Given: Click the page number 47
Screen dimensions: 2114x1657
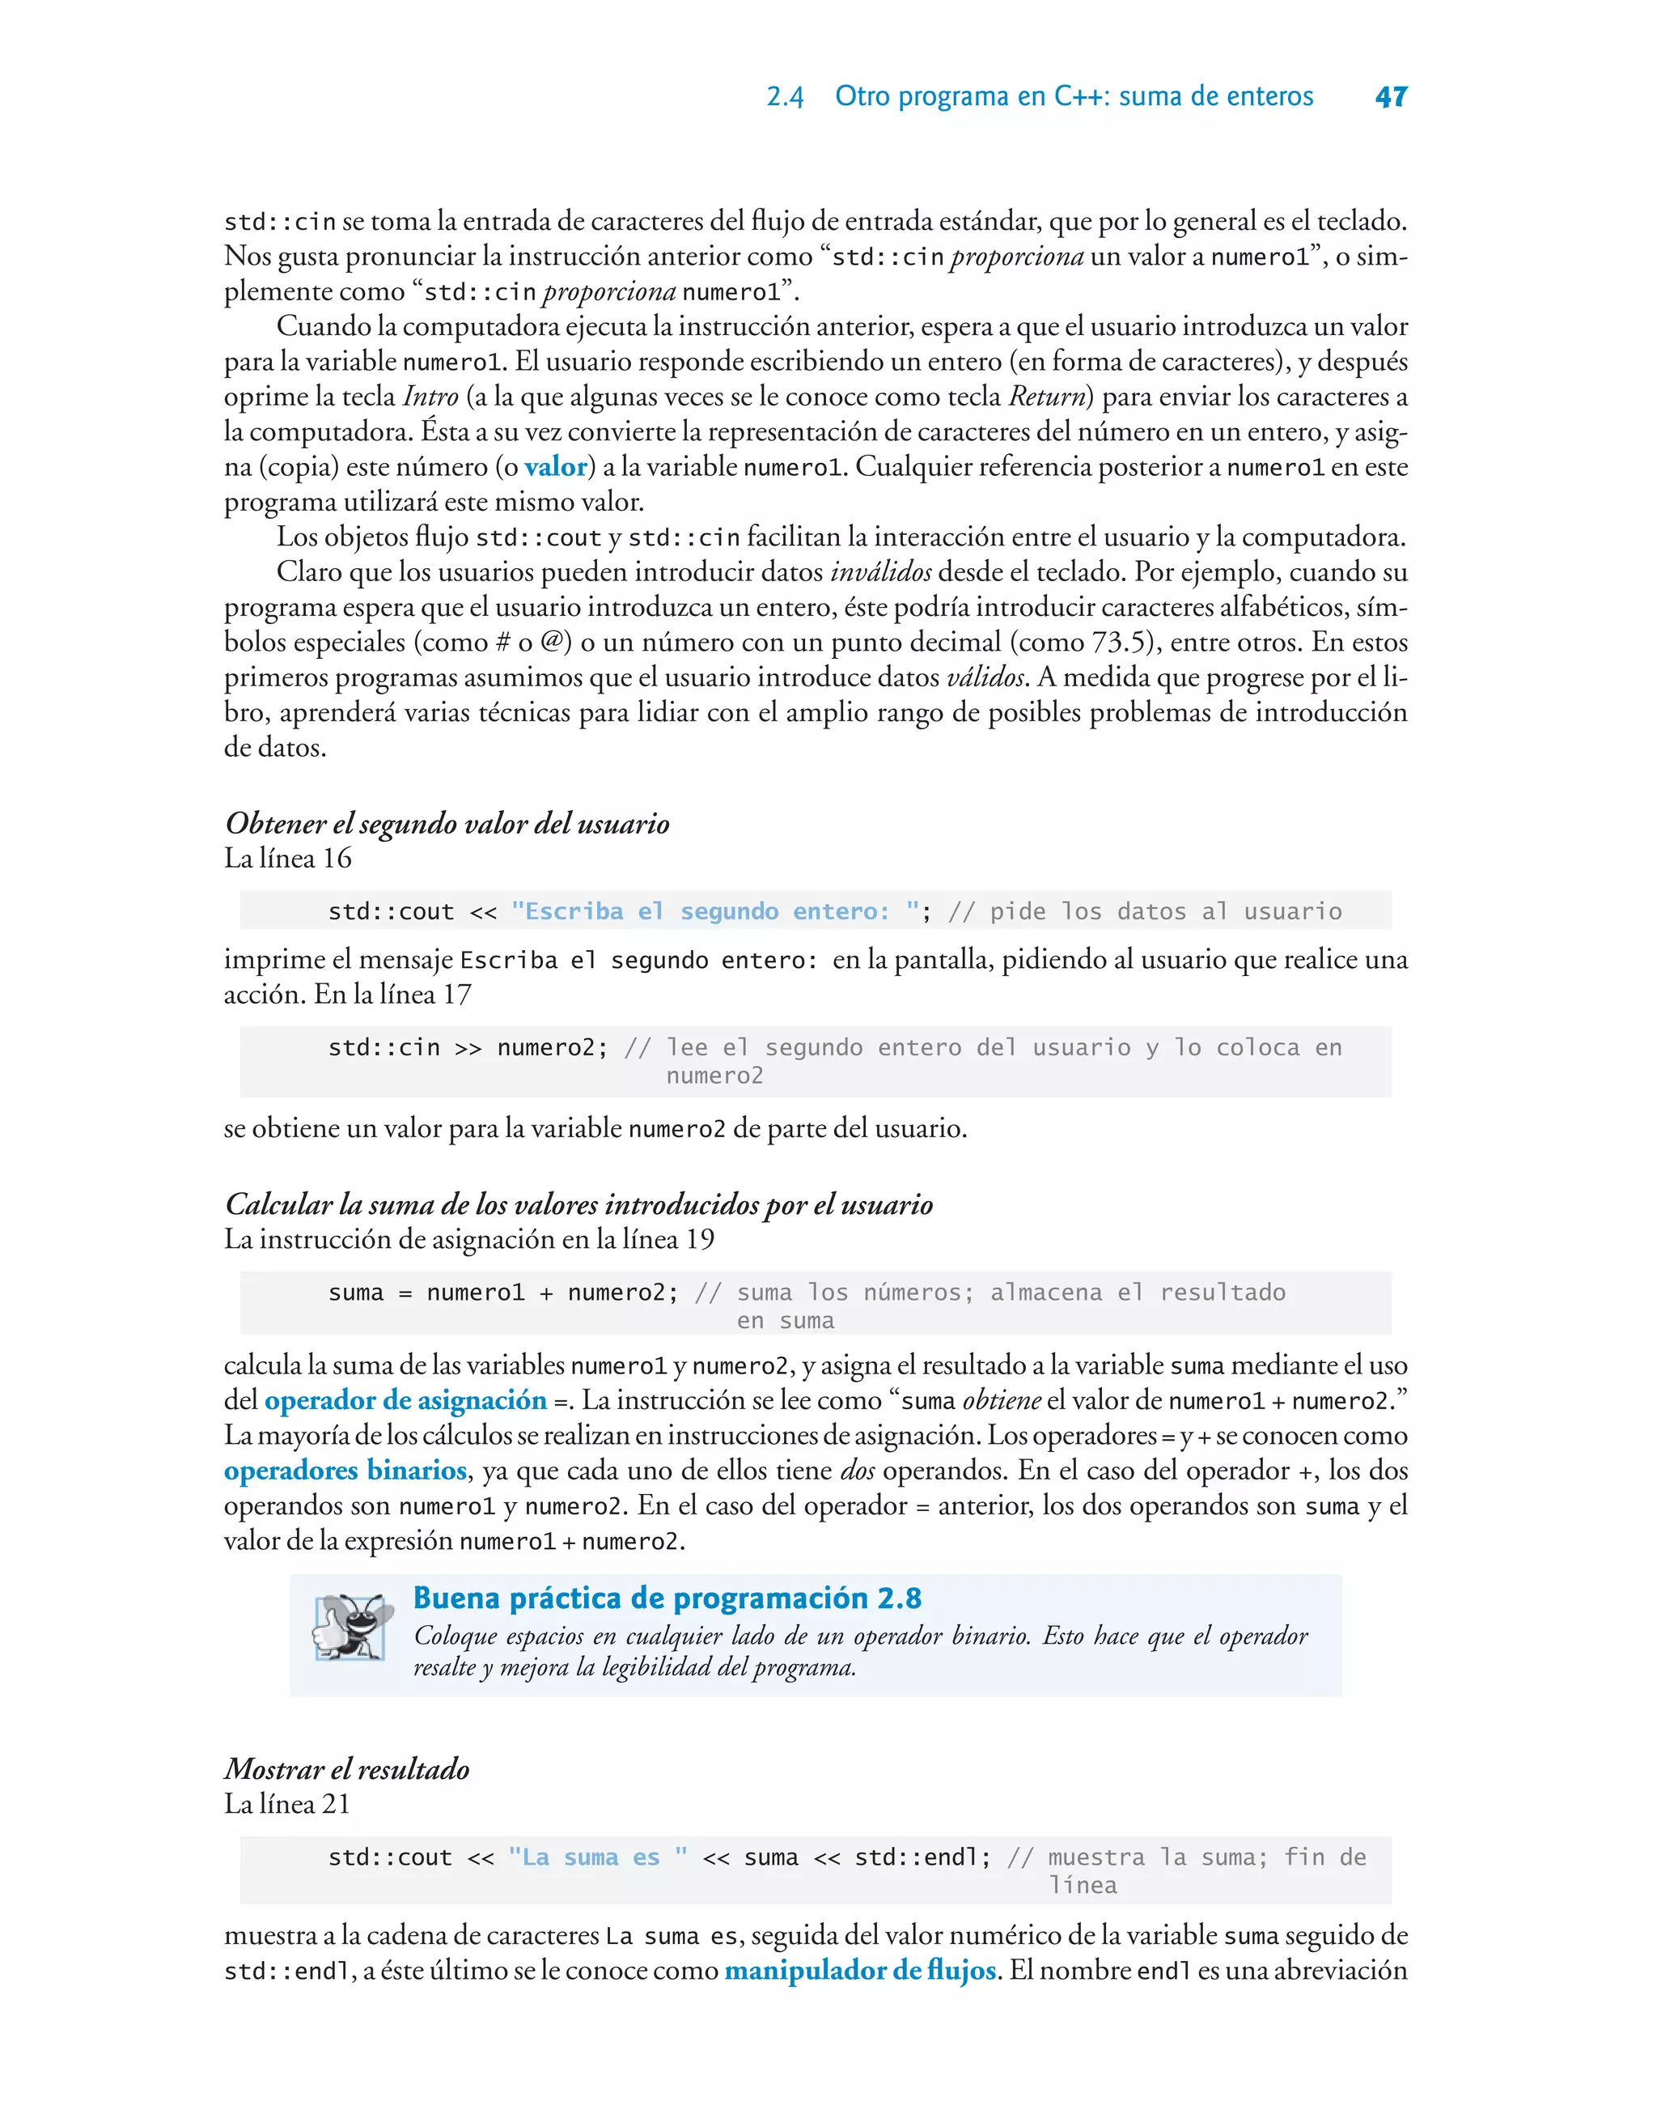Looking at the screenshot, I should (x=1390, y=97).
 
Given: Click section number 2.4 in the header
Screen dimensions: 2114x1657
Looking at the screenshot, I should (x=785, y=97).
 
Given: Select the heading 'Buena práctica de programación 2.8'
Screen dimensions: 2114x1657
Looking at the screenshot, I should (x=667, y=1598).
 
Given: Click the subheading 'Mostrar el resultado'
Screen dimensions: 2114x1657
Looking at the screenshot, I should (x=347, y=1768).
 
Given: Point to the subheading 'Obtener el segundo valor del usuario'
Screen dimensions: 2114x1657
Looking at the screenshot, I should (x=447, y=824).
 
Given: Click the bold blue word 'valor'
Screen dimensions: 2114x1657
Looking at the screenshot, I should (x=555, y=467).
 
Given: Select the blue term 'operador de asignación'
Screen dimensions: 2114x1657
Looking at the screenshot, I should (x=405, y=1400).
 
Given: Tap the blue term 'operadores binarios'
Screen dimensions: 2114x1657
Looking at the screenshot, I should (x=345, y=1470).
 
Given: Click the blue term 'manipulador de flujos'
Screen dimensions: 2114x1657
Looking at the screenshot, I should (x=859, y=1971).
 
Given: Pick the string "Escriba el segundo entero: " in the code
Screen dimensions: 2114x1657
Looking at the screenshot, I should (x=715, y=911).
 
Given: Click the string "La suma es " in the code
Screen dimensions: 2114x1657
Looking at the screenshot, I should (x=598, y=1857).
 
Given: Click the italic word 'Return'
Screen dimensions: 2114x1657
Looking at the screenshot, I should (x=1047, y=397).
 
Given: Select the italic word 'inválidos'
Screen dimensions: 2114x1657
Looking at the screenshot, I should (x=880, y=572).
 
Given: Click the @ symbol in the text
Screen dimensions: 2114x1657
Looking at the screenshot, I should (x=552, y=643).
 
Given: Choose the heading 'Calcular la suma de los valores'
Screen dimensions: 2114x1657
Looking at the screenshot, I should (x=578, y=1204).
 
